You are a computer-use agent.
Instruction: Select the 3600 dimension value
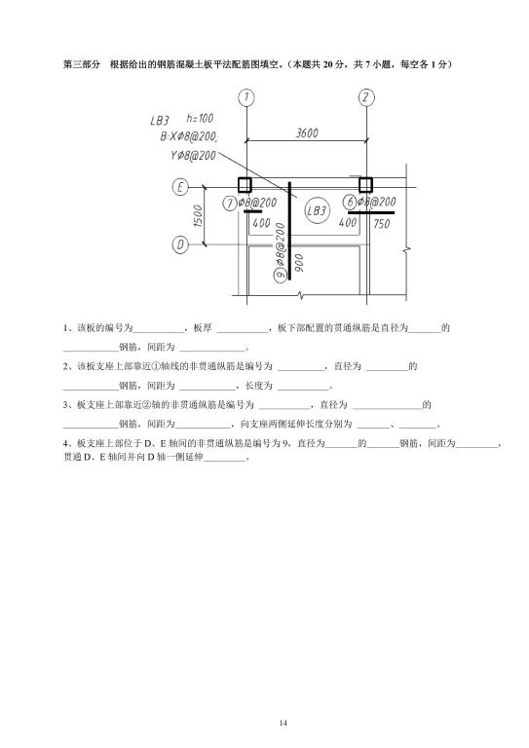click(307, 133)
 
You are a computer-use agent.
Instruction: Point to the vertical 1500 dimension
click(199, 215)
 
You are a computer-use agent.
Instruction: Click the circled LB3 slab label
click(317, 210)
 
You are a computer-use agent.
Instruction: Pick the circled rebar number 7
click(230, 204)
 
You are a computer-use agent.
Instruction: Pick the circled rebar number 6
click(350, 202)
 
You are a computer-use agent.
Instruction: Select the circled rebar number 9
click(281, 275)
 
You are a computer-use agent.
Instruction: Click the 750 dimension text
click(382, 224)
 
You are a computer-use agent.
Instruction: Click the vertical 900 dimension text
click(299, 263)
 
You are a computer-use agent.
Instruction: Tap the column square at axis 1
click(245, 184)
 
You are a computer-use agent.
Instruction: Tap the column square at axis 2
click(365, 184)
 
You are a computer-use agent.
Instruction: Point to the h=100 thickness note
click(200, 118)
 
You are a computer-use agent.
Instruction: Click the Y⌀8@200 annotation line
click(193, 156)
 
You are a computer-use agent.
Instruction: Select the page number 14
click(283, 723)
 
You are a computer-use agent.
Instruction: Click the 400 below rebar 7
click(261, 223)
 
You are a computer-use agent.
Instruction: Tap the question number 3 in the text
click(65, 405)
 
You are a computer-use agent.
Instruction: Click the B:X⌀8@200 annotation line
click(189, 137)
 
